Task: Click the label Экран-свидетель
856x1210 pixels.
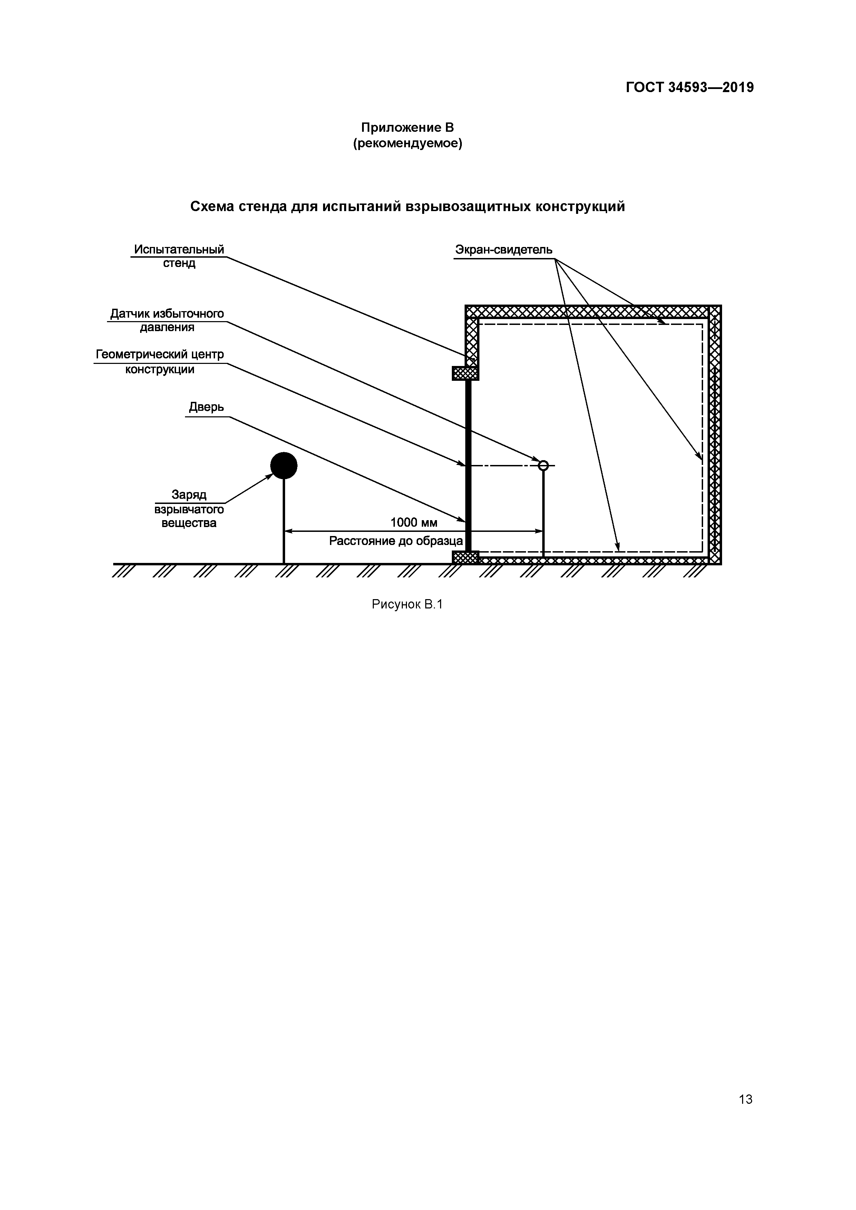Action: [504, 250]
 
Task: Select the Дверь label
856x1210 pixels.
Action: [207, 407]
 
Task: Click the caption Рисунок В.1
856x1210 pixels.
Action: [407, 604]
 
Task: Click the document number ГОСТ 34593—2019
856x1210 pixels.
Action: [689, 88]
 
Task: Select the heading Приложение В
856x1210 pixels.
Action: [407, 128]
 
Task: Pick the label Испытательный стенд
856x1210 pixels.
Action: [179, 256]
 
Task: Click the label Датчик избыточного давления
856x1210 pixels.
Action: [167, 320]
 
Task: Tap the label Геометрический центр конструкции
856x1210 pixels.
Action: [160, 361]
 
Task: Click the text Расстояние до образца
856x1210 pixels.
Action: [396, 541]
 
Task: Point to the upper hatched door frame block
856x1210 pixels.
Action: [465, 373]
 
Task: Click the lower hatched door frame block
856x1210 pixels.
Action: [465, 557]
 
